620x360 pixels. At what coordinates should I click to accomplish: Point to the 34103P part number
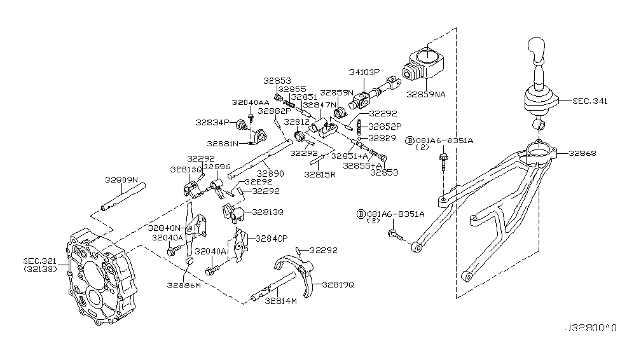[x=364, y=73]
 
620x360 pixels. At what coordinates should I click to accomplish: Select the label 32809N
[x=121, y=180]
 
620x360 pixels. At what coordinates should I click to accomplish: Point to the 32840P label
[x=272, y=239]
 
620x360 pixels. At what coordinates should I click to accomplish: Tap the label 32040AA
[x=250, y=102]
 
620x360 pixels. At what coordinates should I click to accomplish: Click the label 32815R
[x=320, y=173]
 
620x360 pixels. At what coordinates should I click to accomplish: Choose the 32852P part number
[x=384, y=126]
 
